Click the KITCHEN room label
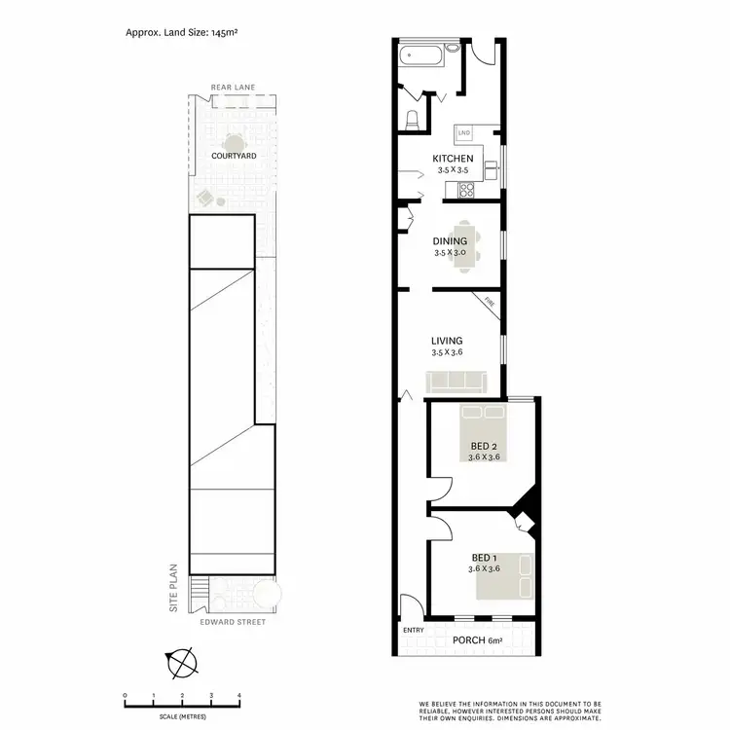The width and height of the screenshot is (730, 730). [x=453, y=159]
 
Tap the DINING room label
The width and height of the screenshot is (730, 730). [x=451, y=241]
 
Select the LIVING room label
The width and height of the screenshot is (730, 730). [x=447, y=341]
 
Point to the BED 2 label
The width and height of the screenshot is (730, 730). [x=484, y=449]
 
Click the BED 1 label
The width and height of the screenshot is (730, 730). [x=484, y=559]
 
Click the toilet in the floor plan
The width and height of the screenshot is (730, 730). [x=413, y=120]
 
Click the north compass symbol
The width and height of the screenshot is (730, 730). [x=182, y=664]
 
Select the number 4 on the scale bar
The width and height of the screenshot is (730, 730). [x=239, y=695]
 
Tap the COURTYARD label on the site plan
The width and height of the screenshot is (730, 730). [x=234, y=156]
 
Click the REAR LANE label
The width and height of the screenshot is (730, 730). [x=234, y=88]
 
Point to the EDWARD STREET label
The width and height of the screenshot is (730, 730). [x=233, y=621]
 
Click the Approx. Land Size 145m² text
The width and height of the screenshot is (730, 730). [x=183, y=32]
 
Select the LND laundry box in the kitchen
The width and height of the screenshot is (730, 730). [x=464, y=131]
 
